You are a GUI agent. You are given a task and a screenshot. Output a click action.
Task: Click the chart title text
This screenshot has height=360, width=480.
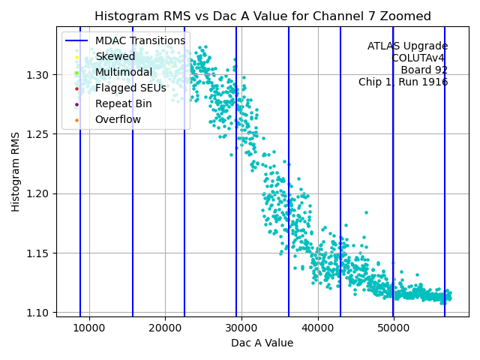[262, 16]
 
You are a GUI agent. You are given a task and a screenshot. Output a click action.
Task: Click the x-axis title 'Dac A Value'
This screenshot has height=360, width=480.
[262, 343]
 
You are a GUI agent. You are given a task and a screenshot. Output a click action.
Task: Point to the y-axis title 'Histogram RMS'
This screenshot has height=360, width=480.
[16, 172]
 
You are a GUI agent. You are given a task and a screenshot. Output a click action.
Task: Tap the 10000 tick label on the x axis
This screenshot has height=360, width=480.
[89, 328]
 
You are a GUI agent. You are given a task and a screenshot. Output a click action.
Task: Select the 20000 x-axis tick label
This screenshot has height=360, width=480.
[166, 328]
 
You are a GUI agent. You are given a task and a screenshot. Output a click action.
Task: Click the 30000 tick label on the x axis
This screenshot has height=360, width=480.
[241, 328]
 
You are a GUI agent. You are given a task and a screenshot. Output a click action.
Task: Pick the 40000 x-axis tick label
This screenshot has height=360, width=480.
[318, 328]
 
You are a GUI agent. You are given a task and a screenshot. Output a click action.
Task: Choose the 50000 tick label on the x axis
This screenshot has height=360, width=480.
[394, 328]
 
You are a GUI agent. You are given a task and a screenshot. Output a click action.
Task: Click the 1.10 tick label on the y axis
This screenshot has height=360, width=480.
[38, 313]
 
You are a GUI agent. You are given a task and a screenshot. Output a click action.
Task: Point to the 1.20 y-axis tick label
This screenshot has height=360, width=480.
[38, 193]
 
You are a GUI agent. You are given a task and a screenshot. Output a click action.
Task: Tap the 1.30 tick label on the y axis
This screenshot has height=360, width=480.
[38, 75]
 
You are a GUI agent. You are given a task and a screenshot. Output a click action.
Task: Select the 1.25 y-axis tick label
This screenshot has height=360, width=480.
[38, 134]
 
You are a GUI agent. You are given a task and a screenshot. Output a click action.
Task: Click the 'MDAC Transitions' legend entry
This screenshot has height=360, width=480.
[139, 40]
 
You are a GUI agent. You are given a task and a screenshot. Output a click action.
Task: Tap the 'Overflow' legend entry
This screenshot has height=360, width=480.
[118, 119]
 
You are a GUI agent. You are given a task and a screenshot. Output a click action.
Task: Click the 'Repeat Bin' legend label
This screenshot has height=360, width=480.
[123, 103]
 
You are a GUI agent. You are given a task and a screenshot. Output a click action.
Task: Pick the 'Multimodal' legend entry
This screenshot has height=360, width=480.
[123, 72]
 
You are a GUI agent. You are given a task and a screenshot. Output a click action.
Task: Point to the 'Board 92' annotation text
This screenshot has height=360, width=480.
[424, 70]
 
